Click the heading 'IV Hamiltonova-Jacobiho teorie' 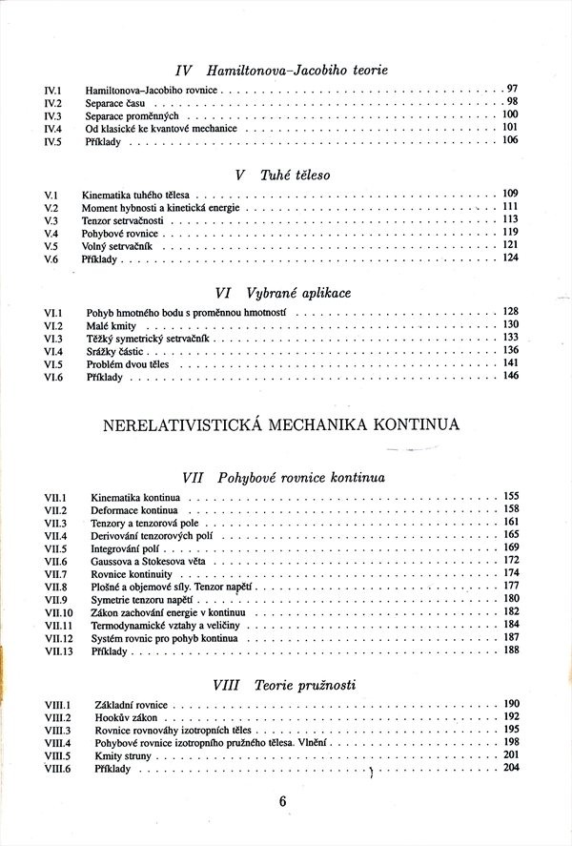(282, 70)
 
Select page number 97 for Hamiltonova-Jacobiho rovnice (511, 88)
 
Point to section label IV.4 (52, 128)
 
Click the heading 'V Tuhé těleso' (281, 175)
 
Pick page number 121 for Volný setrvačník (510, 245)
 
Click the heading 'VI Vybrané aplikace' (283, 294)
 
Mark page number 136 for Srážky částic (510, 350)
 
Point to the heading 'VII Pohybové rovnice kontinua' (282, 477)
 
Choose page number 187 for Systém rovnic (510, 637)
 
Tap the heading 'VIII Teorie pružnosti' (283, 685)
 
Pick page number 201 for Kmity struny (510, 754)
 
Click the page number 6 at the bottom (283, 801)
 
